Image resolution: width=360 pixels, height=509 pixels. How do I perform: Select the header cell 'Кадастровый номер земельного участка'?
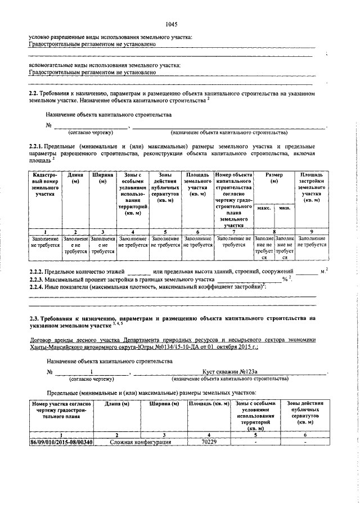tap(45, 184)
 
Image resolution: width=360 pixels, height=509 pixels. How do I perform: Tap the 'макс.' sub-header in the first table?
tap(264, 208)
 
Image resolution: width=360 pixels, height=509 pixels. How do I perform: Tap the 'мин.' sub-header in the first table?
tap(285, 208)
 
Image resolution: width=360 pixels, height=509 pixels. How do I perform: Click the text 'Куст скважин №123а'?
tap(229, 372)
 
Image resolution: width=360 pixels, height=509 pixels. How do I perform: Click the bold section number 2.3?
tap(34, 318)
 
